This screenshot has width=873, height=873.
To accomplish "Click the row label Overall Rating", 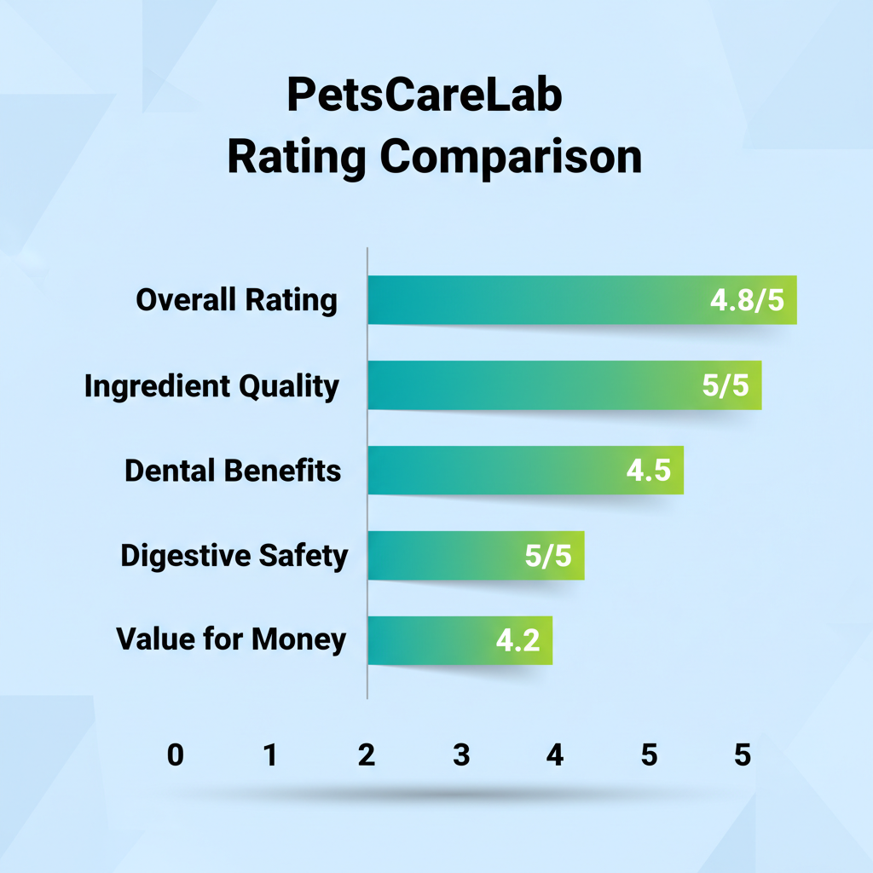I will point(237,300).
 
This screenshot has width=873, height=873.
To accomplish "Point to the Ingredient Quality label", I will point(211,386).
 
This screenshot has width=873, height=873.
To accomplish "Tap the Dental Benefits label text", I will point(233,471).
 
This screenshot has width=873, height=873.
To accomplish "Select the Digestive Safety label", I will point(234,556).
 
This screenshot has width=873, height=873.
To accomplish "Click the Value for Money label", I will point(231,639).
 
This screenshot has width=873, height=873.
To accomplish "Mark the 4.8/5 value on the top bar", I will point(747,301).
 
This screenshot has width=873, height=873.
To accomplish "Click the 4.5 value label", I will point(649,471).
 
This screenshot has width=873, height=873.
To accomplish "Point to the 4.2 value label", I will point(517,640).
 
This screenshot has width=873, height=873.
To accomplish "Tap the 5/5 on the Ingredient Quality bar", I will point(726,386).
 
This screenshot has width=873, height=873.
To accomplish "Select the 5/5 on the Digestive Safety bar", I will point(548,556).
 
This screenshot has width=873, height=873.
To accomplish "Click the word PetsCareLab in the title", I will point(425,97).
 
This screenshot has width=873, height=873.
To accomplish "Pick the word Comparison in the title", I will point(510,158).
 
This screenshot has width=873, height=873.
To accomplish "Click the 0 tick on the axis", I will point(175,755).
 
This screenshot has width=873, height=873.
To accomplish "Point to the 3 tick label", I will point(461,755).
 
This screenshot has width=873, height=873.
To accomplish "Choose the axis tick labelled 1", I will point(270,755).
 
